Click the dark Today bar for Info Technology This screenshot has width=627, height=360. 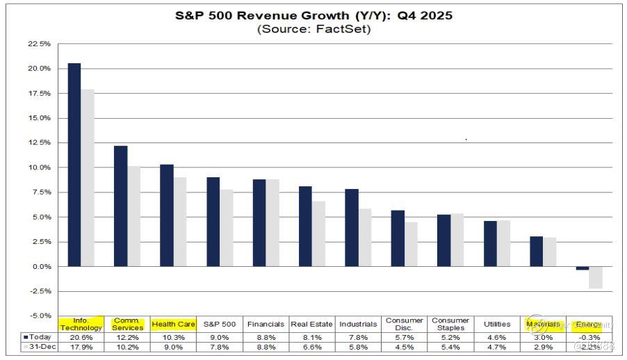click(74, 165)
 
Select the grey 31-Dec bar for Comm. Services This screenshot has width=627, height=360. click(133, 216)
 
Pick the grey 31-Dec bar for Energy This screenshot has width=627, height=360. click(595, 277)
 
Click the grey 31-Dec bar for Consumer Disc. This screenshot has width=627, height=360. click(411, 244)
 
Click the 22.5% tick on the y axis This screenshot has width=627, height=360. click(39, 44)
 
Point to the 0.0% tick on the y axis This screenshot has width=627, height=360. click(40, 267)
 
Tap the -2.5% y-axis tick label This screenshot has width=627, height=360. click(40, 291)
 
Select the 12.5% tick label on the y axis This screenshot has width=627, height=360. click(39, 142)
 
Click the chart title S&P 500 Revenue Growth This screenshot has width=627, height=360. click(313, 15)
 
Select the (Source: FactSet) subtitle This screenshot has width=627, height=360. click(313, 28)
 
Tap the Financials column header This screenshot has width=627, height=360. click(266, 324)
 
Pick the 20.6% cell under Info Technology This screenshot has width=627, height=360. click(81, 337)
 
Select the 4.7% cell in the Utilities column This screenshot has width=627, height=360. click(497, 346)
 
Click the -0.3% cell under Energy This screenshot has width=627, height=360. click(589, 337)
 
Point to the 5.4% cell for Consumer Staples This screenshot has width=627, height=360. click(450, 346)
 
